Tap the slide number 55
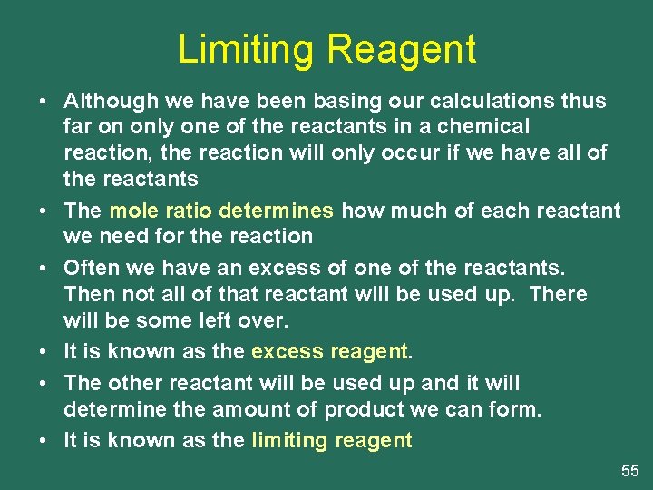click(x=630, y=470)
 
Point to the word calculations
click(x=466, y=100)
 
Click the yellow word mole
click(x=132, y=211)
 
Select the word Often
click(x=87, y=269)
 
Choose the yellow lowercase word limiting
click(x=288, y=441)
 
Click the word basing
click(x=291, y=100)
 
